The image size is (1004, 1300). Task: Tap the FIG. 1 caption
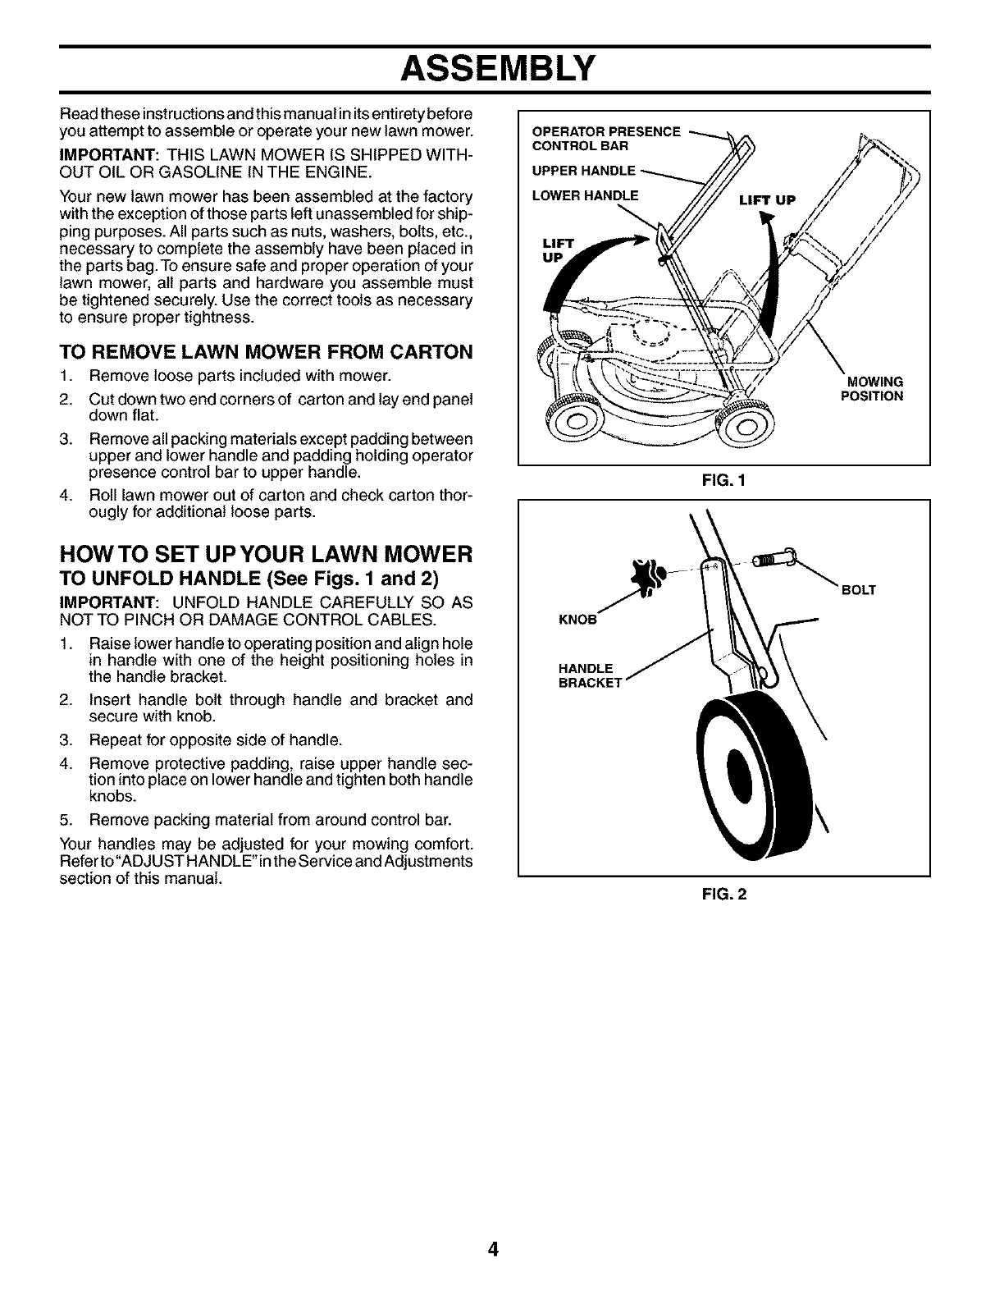click(x=723, y=483)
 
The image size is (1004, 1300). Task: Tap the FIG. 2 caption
click(x=723, y=895)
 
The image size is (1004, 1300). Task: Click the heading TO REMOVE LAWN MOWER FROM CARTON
click(x=267, y=352)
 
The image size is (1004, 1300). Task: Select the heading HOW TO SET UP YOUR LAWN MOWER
click(x=266, y=553)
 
